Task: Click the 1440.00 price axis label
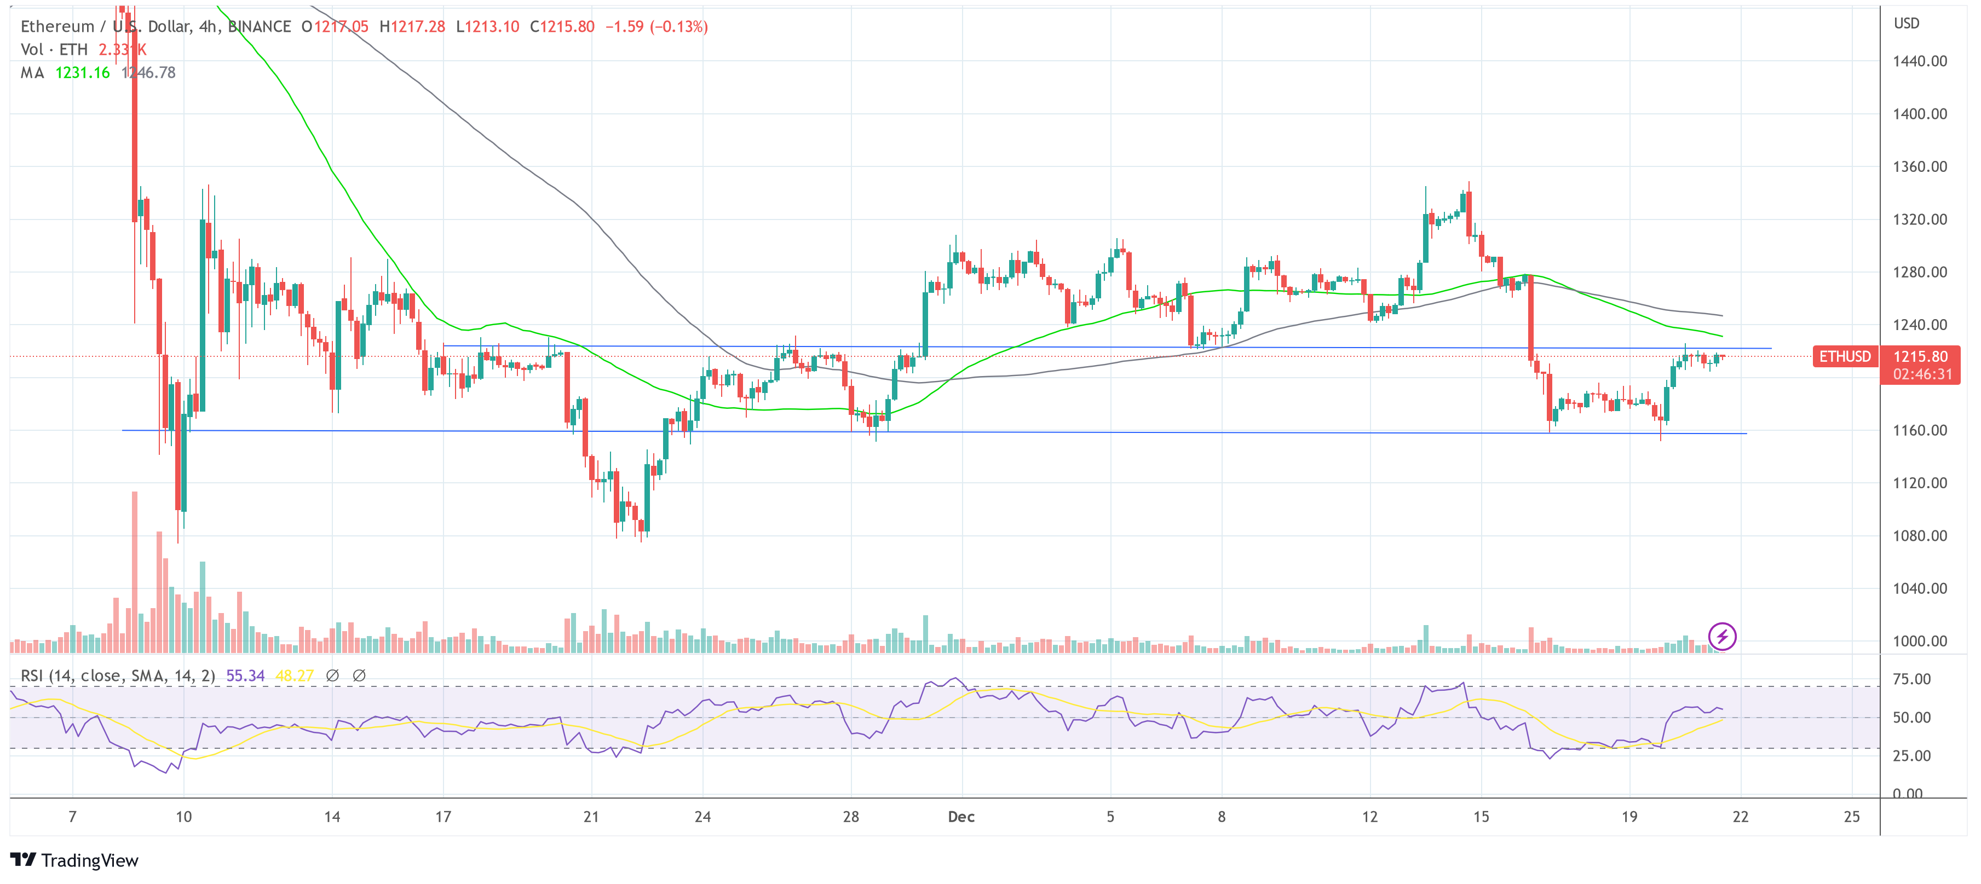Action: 1920,61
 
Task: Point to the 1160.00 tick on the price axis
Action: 1920,430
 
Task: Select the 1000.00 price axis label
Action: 1920,641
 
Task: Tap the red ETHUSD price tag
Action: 1844,357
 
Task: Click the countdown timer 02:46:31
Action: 1922,374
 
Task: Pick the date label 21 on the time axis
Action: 591,816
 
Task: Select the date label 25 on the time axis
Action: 1851,816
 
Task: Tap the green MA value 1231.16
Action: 82,73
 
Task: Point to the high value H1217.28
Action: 412,27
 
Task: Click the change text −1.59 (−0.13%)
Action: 656,27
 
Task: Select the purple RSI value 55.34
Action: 245,675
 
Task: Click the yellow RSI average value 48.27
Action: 294,675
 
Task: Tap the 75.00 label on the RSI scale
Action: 1911,679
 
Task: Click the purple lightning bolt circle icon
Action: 1722,637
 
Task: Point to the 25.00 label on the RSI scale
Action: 1911,755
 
